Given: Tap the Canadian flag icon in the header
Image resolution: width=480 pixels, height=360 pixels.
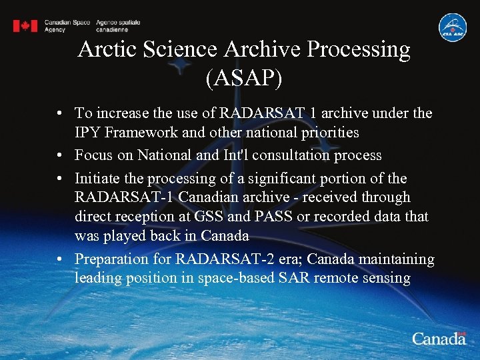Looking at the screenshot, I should [x=25, y=26].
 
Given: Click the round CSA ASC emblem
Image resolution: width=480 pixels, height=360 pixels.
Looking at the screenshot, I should [x=452, y=27].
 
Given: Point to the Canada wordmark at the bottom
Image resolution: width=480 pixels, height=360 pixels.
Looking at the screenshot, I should [x=439, y=338].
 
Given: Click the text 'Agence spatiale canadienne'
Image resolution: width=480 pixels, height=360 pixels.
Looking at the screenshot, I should [x=118, y=26].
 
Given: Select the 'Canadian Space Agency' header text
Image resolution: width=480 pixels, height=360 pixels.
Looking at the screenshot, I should [x=67, y=26].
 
